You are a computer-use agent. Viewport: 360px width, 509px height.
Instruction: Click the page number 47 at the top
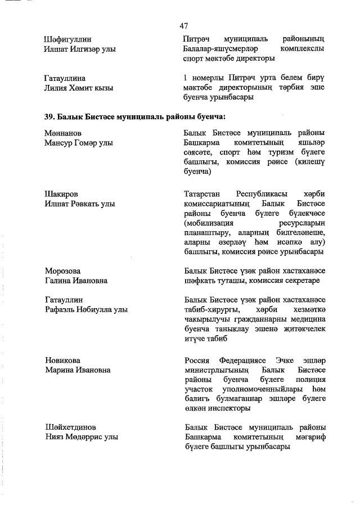click(x=183, y=26)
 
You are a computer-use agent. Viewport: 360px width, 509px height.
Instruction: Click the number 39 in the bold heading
click(x=49, y=117)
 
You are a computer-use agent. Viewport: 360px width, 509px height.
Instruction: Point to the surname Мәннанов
click(x=63, y=133)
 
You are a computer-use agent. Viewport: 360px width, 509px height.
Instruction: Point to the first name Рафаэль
click(x=60, y=310)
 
